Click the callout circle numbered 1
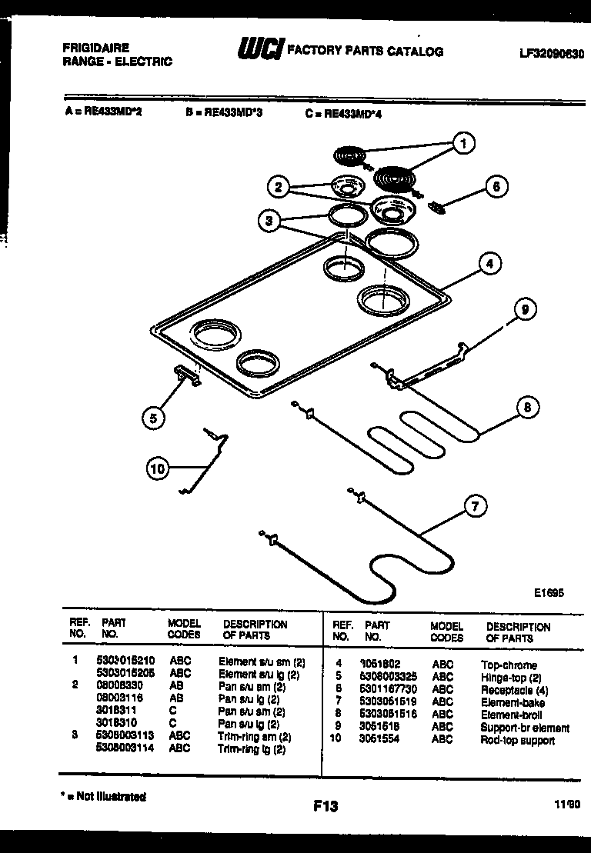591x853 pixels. (462, 142)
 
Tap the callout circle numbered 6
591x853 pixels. (496, 186)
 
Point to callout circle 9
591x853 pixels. (524, 310)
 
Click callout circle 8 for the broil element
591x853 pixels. (527, 408)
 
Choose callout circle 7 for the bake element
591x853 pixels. (475, 506)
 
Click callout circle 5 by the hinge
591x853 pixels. (153, 418)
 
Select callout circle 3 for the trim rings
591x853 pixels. (268, 222)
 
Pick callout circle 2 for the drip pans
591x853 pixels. (279, 186)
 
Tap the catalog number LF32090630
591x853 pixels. (551, 55)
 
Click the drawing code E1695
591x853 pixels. (549, 593)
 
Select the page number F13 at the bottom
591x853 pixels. (326, 806)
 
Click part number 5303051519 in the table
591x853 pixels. (390, 702)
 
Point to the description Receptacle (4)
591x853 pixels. (514, 690)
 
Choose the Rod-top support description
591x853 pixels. (517, 740)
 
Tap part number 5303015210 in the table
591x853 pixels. (126, 661)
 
